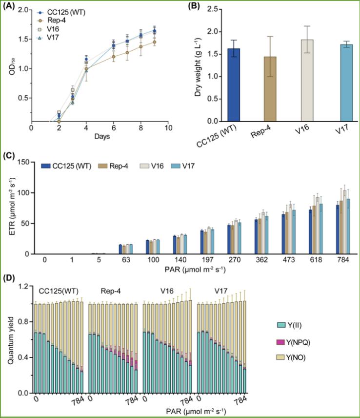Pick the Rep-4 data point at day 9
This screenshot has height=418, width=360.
[x=155, y=42]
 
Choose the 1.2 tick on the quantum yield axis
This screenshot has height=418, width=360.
[x=22, y=285]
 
